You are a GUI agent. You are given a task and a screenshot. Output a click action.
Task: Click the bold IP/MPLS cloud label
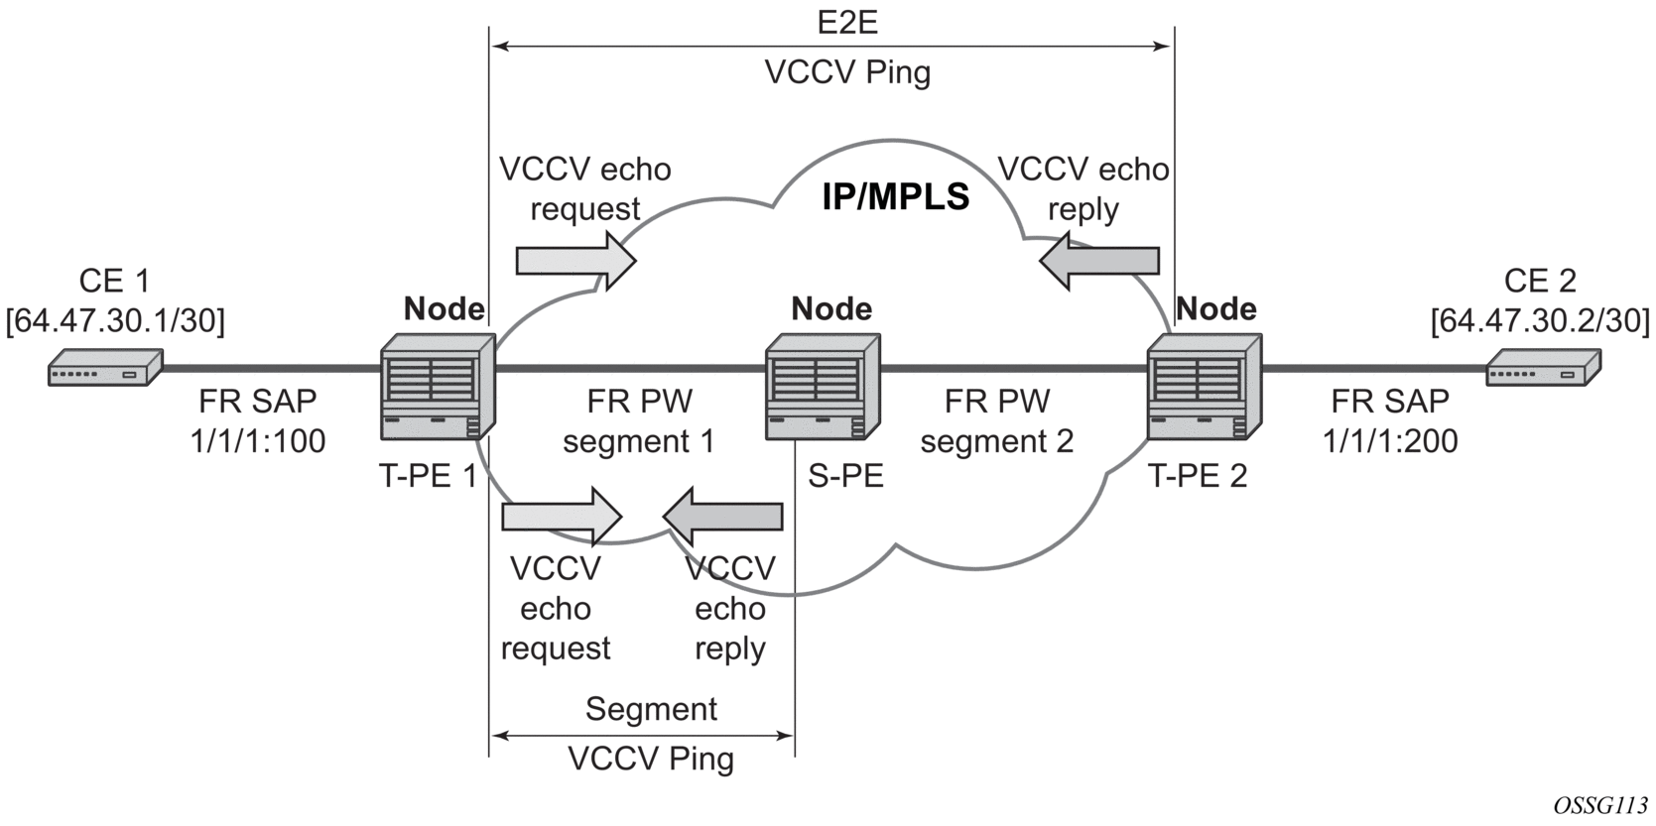coord(895,196)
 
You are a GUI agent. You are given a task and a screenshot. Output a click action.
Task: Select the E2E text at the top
coord(847,23)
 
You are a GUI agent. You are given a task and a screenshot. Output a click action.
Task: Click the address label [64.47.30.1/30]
coord(115,320)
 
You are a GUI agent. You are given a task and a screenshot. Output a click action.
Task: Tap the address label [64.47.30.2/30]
coord(1540,320)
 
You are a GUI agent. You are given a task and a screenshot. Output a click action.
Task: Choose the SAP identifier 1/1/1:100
coord(258,440)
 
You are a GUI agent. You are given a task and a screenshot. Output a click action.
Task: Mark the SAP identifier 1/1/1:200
coord(1390,440)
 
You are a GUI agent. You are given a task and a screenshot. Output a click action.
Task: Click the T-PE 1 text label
coord(428,477)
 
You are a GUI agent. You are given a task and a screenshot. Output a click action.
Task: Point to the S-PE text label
coord(845,477)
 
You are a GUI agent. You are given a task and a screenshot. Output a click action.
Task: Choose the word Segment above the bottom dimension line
coord(651,709)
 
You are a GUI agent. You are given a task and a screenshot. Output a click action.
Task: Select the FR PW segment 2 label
coord(996,421)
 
